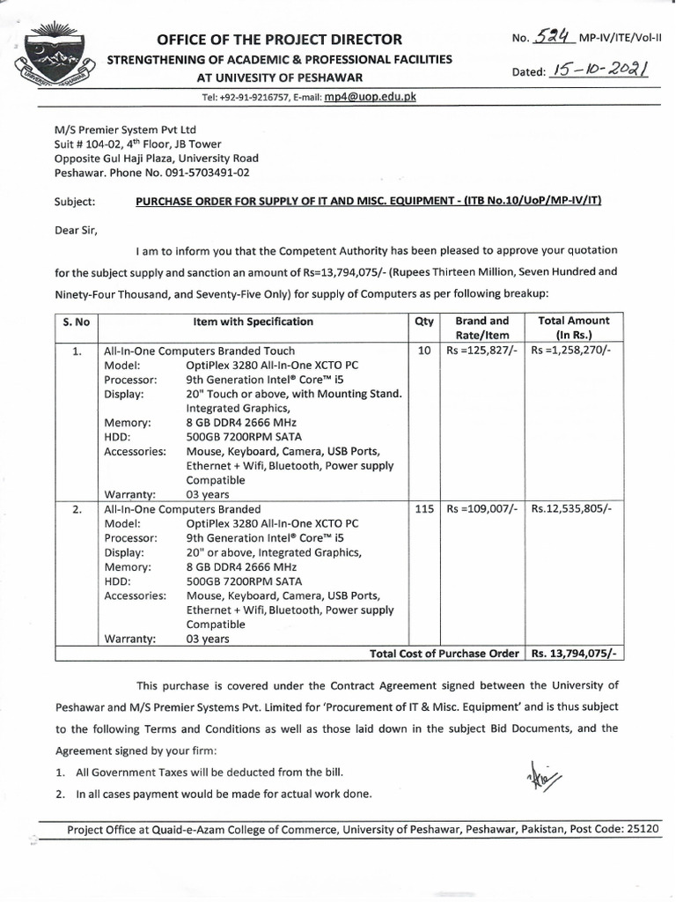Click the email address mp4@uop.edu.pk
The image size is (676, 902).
point(370,97)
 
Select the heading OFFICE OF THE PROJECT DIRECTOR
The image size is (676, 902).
point(279,40)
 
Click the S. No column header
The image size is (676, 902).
point(77,322)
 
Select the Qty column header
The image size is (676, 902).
point(423,322)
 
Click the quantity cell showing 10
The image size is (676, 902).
point(423,351)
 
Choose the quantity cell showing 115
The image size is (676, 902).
point(423,509)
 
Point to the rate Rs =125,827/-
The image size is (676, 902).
point(482,351)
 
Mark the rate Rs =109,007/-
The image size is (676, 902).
point(482,509)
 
